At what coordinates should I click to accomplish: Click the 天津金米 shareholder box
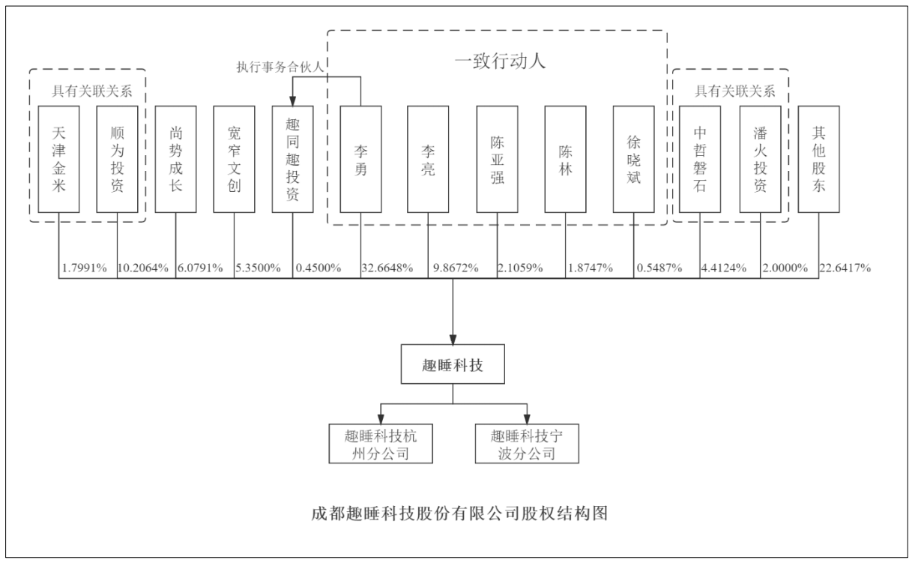click(x=58, y=159)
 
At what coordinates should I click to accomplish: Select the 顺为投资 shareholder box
click(x=117, y=159)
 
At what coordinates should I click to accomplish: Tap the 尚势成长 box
click(x=175, y=159)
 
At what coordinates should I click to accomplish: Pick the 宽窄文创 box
click(x=234, y=159)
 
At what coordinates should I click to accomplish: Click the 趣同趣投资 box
click(x=292, y=159)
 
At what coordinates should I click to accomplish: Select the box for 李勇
click(x=360, y=159)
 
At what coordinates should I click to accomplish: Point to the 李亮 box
click(x=428, y=159)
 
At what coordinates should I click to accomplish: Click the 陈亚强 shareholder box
click(x=497, y=159)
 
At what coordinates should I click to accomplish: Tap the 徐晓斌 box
click(x=633, y=159)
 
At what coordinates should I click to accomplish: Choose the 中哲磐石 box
click(x=700, y=159)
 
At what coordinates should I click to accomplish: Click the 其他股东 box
click(x=818, y=159)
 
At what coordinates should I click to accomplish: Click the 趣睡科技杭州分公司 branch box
click(x=381, y=444)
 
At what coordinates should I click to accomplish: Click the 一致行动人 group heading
click(x=500, y=61)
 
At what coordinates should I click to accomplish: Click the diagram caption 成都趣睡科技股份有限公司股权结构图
click(x=458, y=515)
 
